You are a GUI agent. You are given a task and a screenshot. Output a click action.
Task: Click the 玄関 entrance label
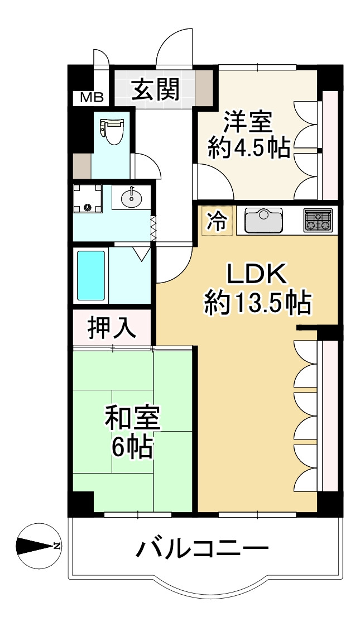click(x=155, y=89)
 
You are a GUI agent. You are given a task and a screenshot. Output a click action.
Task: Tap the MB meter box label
click(x=92, y=98)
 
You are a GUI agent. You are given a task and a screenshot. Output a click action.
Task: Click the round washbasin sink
click(x=132, y=197)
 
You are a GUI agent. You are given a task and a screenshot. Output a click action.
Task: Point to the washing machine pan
click(x=87, y=199)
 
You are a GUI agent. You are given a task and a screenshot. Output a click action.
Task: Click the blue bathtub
click(x=91, y=276)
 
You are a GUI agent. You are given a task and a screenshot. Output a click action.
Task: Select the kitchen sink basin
click(x=264, y=221)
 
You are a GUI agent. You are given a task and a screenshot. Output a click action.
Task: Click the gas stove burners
click(x=317, y=219)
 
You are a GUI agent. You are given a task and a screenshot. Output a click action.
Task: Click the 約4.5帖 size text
click(x=248, y=149)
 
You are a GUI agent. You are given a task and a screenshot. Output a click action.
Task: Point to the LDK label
click(x=256, y=275)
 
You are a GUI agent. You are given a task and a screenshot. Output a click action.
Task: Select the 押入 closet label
click(x=112, y=328)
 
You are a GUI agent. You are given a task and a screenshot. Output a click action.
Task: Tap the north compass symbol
click(x=39, y=546)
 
